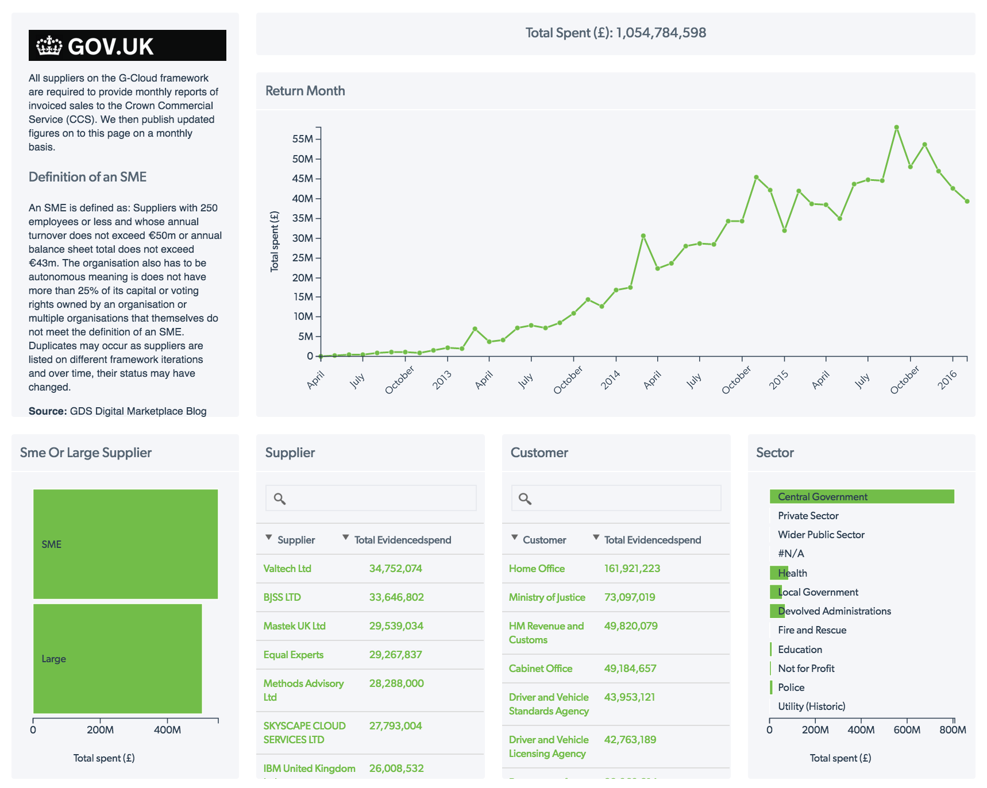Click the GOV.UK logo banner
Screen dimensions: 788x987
point(127,45)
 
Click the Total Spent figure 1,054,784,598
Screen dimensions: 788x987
point(661,33)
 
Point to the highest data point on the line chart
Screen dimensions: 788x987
point(896,128)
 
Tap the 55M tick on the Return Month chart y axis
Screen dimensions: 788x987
point(303,139)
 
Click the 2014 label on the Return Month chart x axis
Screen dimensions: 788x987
point(611,380)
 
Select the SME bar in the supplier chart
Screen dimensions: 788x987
point(125,544)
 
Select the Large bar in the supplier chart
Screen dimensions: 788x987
point(117,659)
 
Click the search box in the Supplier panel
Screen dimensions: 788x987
point(379,498)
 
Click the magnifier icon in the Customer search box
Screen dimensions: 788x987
point(525,499)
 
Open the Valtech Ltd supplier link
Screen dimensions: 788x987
point(287,569)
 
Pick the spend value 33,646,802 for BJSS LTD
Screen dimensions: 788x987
point(396,597)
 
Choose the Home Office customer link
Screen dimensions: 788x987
point(537,569)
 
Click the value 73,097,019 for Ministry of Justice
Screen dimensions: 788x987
point(630,597)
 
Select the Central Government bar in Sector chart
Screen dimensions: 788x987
point(861,497)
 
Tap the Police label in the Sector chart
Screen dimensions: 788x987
point(791,687)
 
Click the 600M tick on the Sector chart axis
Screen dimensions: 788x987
point(907,730)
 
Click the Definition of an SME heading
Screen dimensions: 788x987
point(87,177)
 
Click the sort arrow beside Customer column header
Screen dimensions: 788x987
point(514,538)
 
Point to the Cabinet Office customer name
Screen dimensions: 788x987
point(541,669)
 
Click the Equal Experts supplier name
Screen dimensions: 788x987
point(294,655)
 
